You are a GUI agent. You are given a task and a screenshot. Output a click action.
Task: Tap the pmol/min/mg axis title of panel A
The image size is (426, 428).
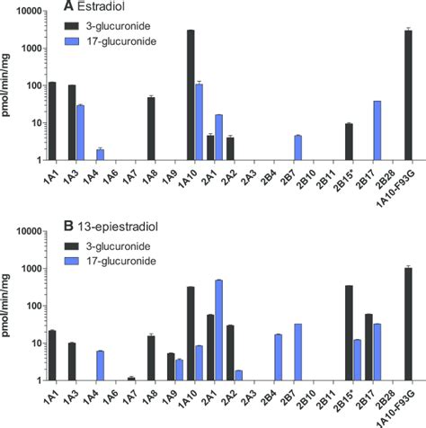click(x=8, y=85)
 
